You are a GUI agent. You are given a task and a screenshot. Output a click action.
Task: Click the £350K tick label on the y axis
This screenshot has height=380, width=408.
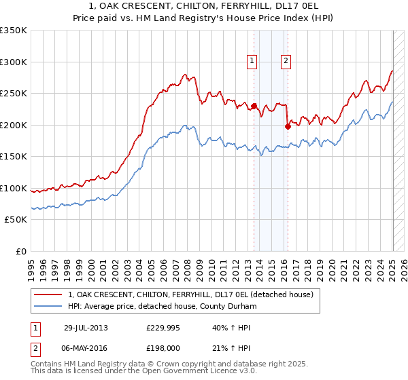tap(13, 31)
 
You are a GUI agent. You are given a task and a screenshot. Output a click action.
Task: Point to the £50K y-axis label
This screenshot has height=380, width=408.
tap(16, 220)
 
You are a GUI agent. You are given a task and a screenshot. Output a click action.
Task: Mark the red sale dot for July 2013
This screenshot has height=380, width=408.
tap(254, 106)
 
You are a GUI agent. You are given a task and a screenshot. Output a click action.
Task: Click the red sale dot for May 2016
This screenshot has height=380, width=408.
tap(288, 126)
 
